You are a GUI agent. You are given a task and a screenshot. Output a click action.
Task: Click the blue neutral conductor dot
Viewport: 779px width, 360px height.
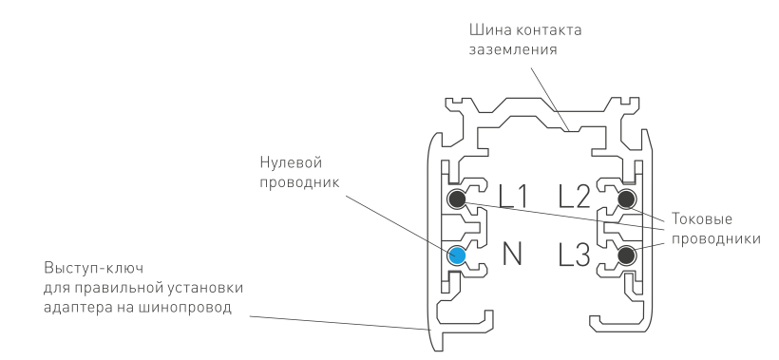pos(457,256)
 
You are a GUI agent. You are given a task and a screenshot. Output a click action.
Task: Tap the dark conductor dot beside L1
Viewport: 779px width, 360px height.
pos(457,199)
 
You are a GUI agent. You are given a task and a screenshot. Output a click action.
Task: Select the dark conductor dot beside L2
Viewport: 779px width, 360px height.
pos(626,199)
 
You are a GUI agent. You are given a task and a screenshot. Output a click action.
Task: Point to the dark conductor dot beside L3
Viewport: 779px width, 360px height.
pos(626,256)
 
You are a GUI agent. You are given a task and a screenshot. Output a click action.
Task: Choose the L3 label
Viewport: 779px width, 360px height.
pos(575,255)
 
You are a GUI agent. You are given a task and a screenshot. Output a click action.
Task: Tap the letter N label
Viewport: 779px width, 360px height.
pos(512,255)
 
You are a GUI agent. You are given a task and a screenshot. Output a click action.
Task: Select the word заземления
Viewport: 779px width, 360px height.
pos(513,50)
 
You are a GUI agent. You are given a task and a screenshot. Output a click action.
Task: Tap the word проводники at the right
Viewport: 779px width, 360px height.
pos(716,238)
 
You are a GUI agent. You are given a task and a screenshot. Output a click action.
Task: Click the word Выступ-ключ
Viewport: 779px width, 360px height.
pos(94,268)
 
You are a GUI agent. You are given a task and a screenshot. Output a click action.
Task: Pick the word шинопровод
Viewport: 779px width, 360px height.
pos(187,308)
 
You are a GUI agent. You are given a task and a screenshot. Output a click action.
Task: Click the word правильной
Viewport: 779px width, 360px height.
pos(122,288)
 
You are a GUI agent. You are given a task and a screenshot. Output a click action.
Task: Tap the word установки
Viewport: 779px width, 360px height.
pos(207,288)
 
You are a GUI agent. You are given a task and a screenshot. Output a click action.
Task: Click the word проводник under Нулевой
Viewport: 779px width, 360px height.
pos(299,182)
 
